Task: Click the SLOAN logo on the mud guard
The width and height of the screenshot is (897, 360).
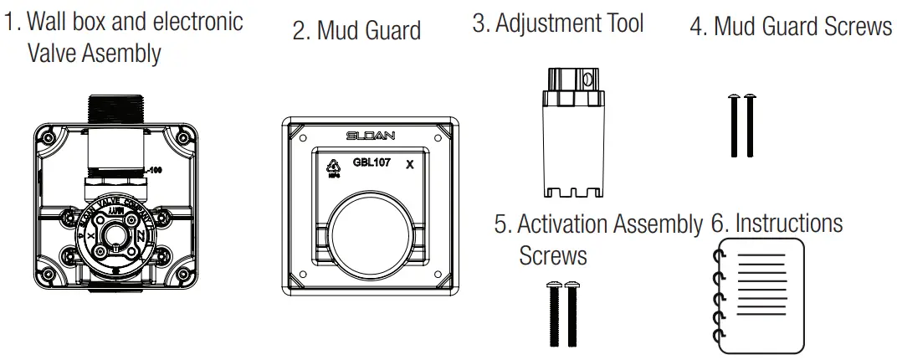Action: [x=371, y=135]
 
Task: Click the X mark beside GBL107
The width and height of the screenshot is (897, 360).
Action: [x=409, y=165]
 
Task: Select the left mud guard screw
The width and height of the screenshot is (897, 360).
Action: [x=735, y=125]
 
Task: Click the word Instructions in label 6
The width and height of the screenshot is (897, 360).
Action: [x=789, y=224]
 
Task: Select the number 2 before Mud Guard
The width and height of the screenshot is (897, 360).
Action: [x=300, y=32]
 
